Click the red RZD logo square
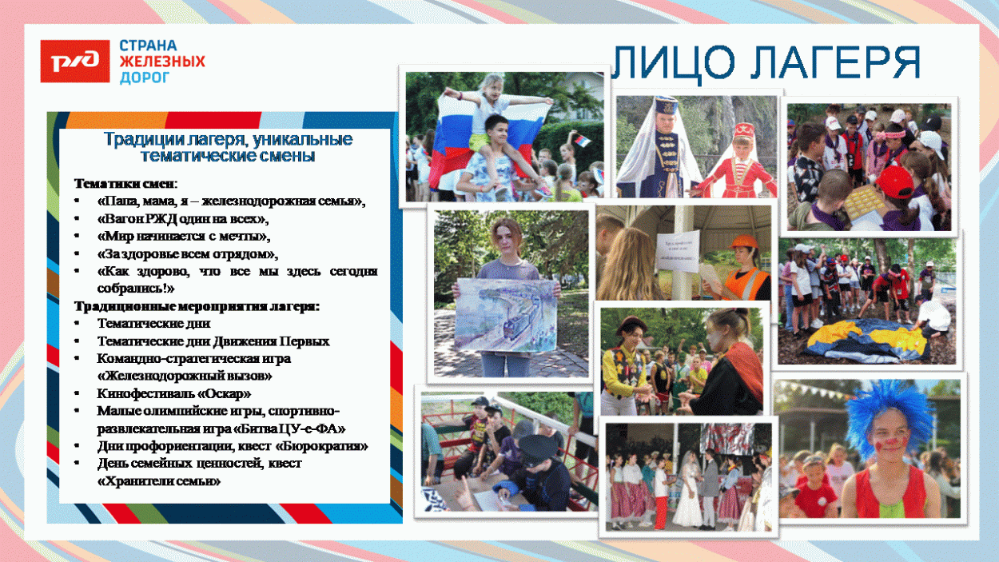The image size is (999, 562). [74, 61]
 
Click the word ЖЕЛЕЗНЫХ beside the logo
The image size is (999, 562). [162, 62]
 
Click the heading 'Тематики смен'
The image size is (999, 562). [125, 183]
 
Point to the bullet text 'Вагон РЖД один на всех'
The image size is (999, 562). [183, 218]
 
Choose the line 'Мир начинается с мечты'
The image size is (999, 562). [184, 236]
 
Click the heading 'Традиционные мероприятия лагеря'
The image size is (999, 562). [197, 306]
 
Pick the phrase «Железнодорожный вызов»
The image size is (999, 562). [185, 375]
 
